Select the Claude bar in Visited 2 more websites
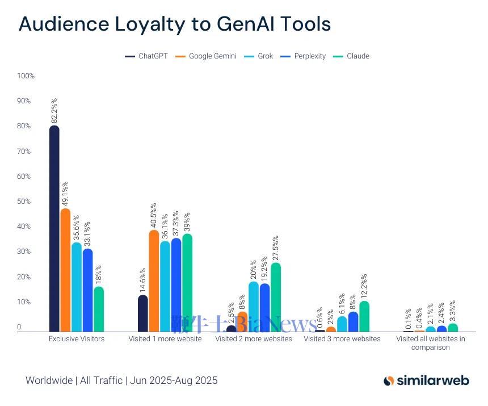click(276, 298)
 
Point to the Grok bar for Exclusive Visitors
click(77, 287)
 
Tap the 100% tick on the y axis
click(26, 76)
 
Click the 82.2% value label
click(54, 111)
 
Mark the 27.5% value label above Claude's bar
click(276, 249)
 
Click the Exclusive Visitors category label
click(76, 339)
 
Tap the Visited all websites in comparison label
click(431, 343)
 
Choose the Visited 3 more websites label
click(342, 339)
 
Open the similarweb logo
click(426, 380)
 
